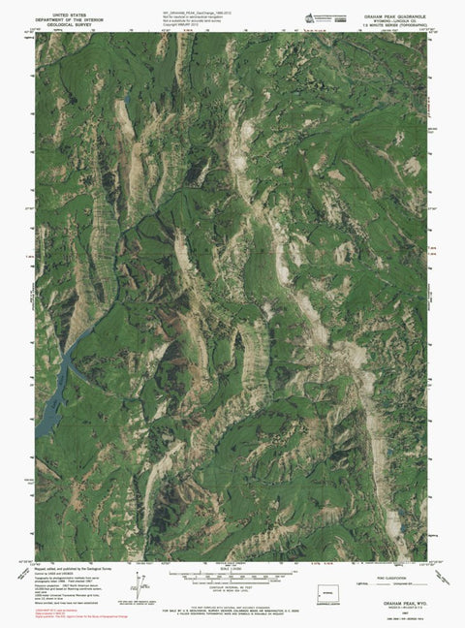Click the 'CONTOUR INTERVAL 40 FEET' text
click(x=232, y=585)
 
